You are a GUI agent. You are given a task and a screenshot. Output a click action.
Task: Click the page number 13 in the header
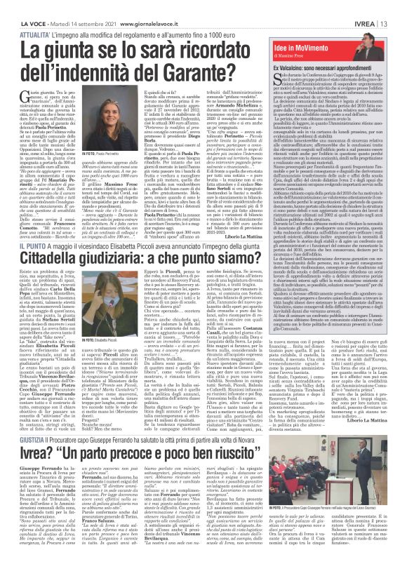point(397,6)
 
